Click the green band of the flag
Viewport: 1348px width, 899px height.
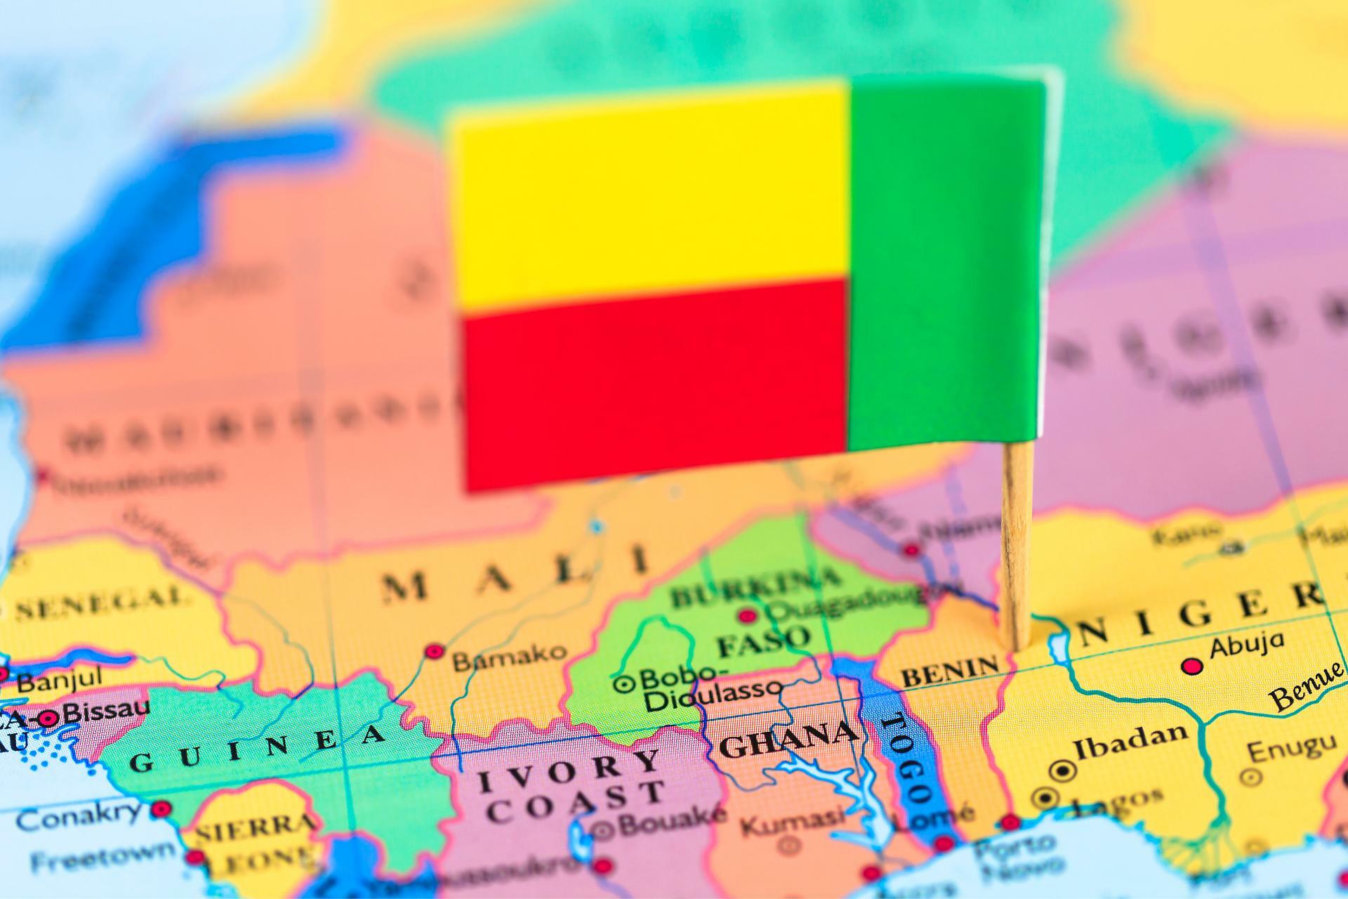pyautogui.click(x=944, y=263)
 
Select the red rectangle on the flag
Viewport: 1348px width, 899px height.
pyautogui.click(x=653, y=383)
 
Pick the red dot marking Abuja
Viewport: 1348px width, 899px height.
pyautogui.click(x=1191, y=666)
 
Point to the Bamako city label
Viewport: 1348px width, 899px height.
pyautogui.click(x=508, y=657)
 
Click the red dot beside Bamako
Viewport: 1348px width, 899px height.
pyautogui.click(x=435, y=651)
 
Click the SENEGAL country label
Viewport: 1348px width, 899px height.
pyautogui.click(x=102, y=604)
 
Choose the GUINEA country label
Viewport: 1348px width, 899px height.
pyautogui.click(x=257, y=748)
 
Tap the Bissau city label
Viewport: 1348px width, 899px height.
pyautogui.click(x=105, y=711)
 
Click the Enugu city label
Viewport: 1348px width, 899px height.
pyautogui.click(x=1291, y=747)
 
